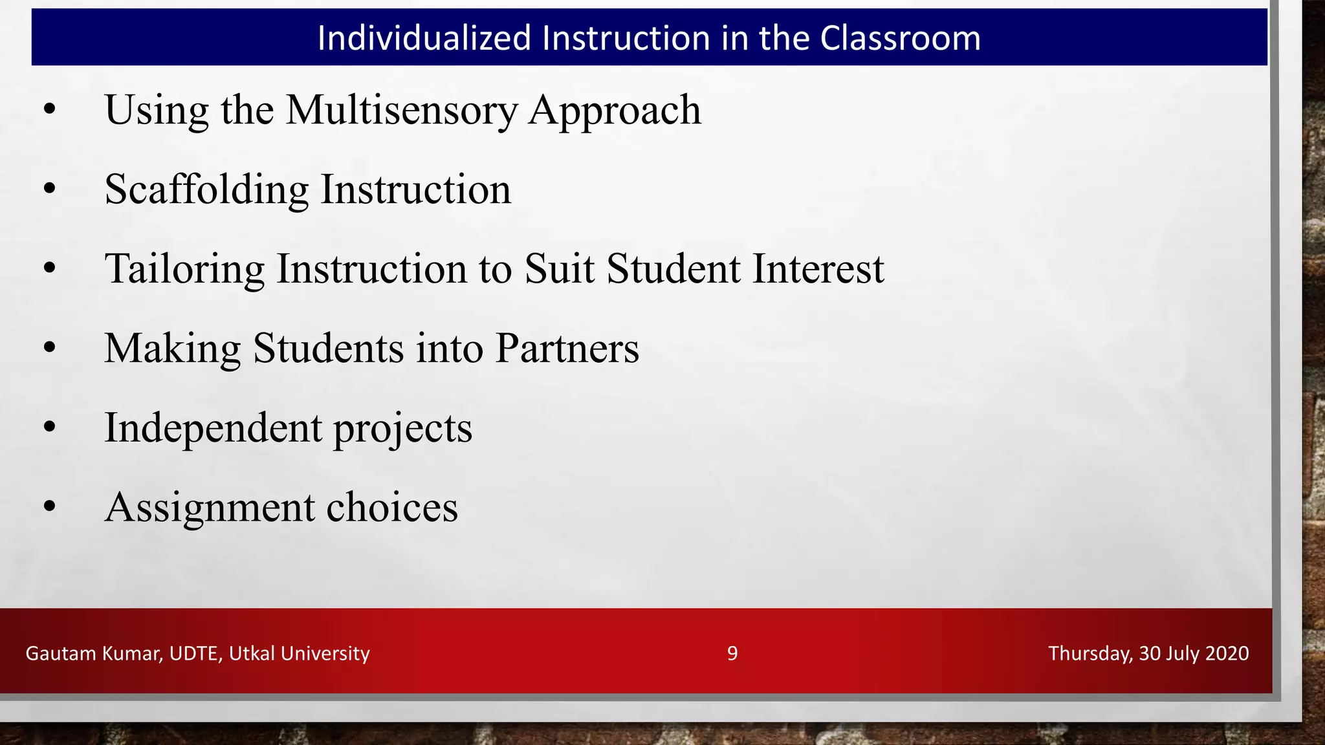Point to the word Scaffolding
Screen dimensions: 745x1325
coord(207,189)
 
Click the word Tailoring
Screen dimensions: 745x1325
coord(184,269)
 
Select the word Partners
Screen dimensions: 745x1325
coord(567,349)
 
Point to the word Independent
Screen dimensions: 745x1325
coord(213,428)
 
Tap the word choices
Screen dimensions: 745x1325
coord(392,508)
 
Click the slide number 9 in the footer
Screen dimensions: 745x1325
coord(732,653)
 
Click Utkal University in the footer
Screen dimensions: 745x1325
coord(300,654)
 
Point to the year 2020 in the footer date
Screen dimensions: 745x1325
coord(1227,653)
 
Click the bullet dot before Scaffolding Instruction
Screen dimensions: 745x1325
coord(50,189)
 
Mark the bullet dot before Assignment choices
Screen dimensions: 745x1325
coord(50,508)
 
